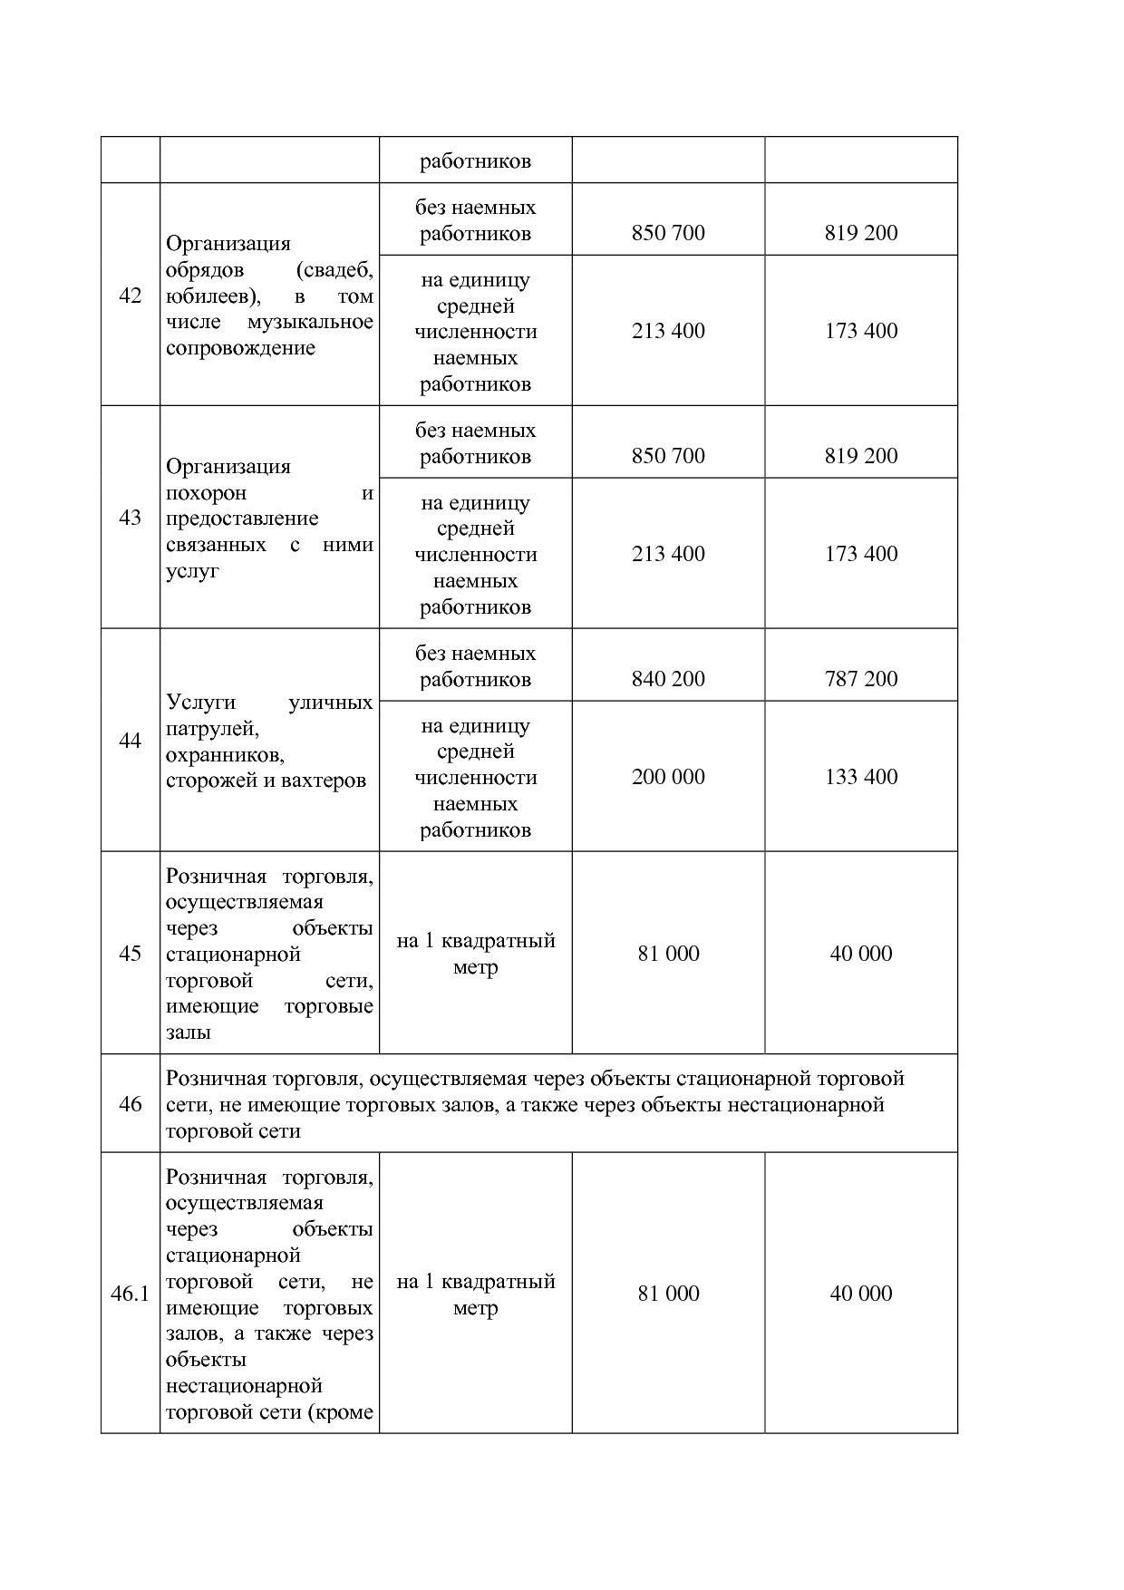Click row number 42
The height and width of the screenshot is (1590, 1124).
pyautogui.click(x=130, y=296)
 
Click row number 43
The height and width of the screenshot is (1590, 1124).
pyautogui.click(x=130, y=518)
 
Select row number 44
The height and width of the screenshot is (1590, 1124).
pyautogui.click(x=130, y=741)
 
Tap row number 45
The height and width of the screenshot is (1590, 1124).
pyautogui.click(x=130, y=954)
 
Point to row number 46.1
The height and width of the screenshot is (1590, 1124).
pyautogui.click(x=130, y=1294)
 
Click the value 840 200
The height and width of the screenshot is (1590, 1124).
pyautogui.click(x=668, y=679)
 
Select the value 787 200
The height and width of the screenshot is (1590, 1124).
pyautogui.click(x=860, y=679)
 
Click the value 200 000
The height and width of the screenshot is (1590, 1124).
pyautogui.click(x=668, y=777)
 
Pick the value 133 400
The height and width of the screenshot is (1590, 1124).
pyautogui.click(x=860, y=777)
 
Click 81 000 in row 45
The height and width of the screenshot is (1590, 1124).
pyautogui.click(x=668, y=954)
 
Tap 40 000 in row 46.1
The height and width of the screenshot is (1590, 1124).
pyautogui.click(x=860, y=1294)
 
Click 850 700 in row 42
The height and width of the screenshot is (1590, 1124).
pyautogui.click(x=668, y=233)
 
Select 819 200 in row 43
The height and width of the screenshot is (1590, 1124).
pyautogui.click(x=860, y=456)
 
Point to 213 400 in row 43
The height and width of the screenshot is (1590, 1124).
pyautogui.click(x=668, y=554)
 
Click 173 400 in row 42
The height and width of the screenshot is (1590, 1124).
pyautogui.click(x=860, y=331)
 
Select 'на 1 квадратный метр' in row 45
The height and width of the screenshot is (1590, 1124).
pyautogui.click(x=475, y=954)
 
